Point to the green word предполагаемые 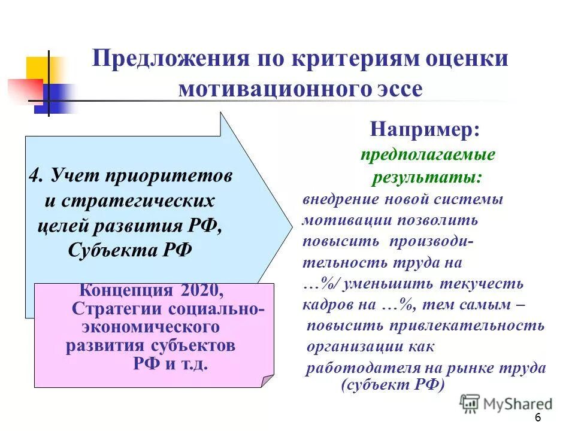pos(428,155)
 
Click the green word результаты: pos(427,178)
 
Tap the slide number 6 pos(537,417)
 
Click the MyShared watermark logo pos(507,403)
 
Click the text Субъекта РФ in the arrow pos(130,249)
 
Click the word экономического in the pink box pos(149,327)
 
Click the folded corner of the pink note pos(267,381)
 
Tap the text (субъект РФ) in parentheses pos(392,385)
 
